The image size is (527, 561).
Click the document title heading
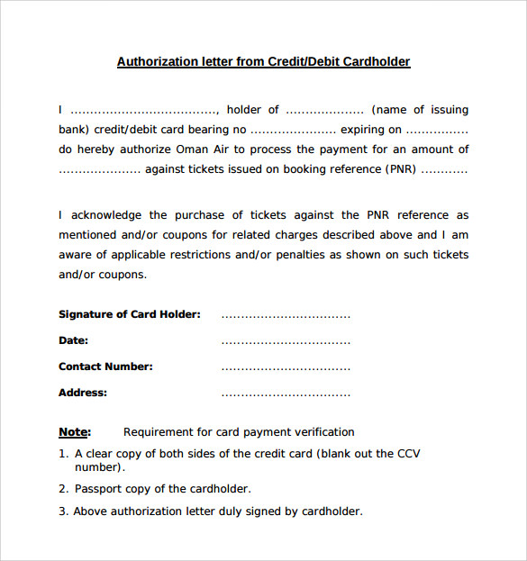pos(263,62)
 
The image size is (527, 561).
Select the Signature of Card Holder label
pos(129,314)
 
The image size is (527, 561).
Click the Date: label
pos(73,340)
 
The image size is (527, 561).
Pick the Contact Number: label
pos(105,366)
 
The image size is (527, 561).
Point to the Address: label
pos(82,393)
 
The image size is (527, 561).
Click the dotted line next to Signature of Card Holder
pos(286,316)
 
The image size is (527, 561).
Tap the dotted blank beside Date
pos(286,342)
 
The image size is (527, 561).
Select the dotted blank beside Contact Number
pos(286,368)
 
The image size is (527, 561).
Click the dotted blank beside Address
pos(286,394)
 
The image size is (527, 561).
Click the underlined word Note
pos(73,432)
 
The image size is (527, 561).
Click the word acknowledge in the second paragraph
pos(106,215)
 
